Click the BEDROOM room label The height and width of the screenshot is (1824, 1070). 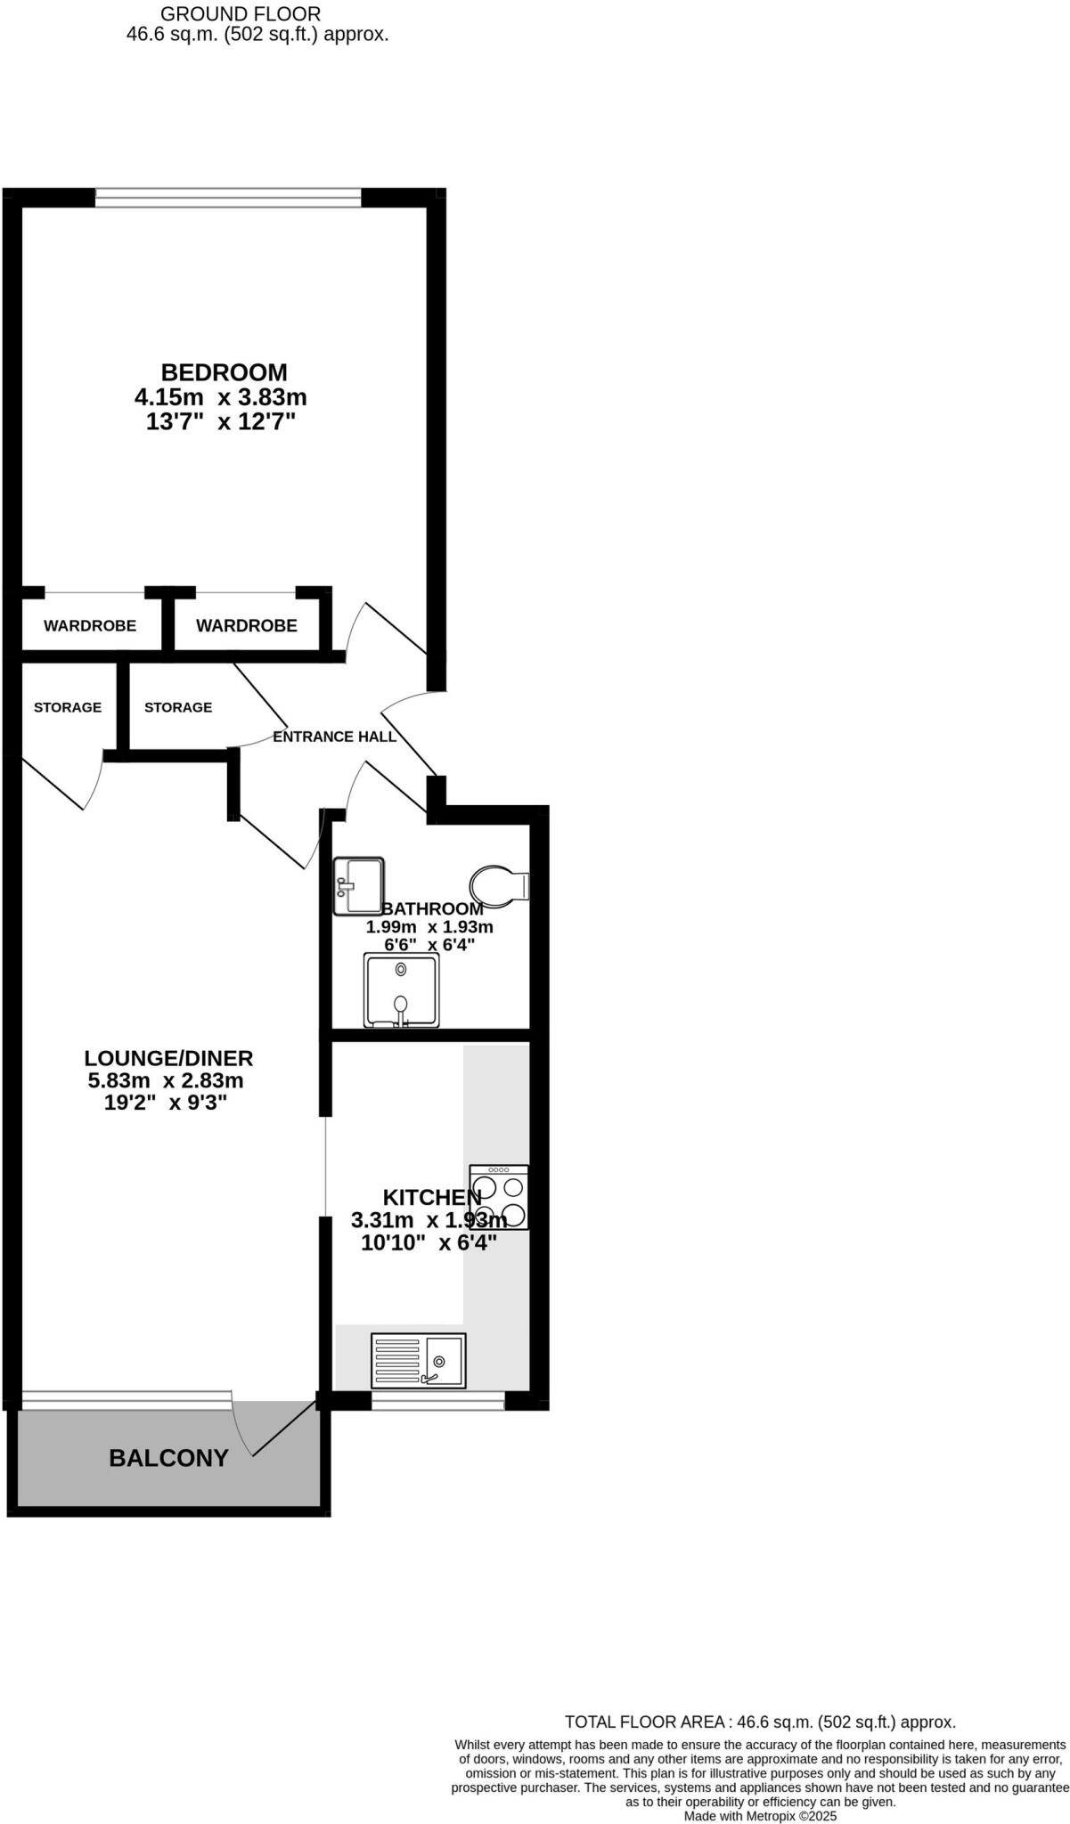[x=224, y=372]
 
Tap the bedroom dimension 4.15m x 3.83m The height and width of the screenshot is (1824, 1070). [x=220, y=397]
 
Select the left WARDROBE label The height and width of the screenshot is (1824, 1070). [x=90, y=626]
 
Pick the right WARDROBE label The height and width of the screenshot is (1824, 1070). [x=247, y=626]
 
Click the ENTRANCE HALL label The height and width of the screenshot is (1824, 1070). [x=334, y=737]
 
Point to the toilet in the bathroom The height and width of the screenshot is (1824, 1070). [x=499, y=886]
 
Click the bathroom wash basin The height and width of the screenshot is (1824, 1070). [x=358, y=885]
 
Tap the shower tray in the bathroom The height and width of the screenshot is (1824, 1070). [x=401, y=989]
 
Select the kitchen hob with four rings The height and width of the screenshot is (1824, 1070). [x=499, y=1198]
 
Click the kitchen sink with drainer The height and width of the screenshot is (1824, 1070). [x=419, y=1360]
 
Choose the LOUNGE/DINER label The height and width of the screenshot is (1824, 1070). [x=168, y=1059]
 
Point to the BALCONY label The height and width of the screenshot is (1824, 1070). [x=168, y=1458]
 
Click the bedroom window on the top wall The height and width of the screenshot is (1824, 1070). [x=228, y=198]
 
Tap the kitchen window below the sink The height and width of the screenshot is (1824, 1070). [x=437, y=1401]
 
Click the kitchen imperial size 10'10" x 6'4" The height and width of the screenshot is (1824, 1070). [x=429, y=1243]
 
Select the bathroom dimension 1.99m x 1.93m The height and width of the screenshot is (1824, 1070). [x=429, y=927]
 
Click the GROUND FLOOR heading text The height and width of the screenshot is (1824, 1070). [x=241, y=14]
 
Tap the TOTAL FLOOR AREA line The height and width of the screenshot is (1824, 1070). [x=760, y=1722]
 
